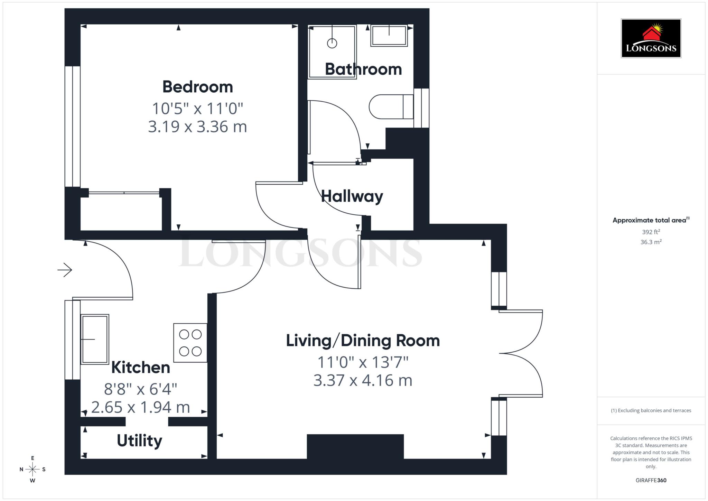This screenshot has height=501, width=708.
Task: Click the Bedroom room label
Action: point(197,87)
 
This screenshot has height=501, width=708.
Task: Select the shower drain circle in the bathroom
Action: point(332,43)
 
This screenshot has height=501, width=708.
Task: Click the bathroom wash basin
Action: point(389,36)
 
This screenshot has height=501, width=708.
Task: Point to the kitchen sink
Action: point(95,339)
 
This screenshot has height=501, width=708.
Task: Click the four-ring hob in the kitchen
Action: point(190,343)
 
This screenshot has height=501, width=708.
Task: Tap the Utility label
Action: point(139,441)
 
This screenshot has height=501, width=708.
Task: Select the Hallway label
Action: point(352,196)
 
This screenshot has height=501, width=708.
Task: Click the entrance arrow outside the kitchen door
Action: point(65,270)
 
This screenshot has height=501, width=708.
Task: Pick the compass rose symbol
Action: point(32,469)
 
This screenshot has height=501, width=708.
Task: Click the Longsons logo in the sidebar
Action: point(651,38)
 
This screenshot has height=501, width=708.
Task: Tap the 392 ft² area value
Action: point(651,232)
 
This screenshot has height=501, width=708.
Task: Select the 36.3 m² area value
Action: point(651,242)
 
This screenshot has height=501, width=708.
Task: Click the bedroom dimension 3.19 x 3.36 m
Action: point(197,127)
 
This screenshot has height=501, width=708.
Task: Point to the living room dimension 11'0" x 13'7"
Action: point(363,362)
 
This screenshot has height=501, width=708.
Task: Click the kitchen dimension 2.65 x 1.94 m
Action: point(140,407)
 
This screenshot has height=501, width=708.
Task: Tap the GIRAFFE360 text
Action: point(651,480)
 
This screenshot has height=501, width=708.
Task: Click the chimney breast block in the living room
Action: point(355,446)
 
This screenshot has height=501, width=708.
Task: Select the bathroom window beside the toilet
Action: point(421,108)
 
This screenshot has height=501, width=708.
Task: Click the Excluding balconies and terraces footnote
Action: point(651,410)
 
